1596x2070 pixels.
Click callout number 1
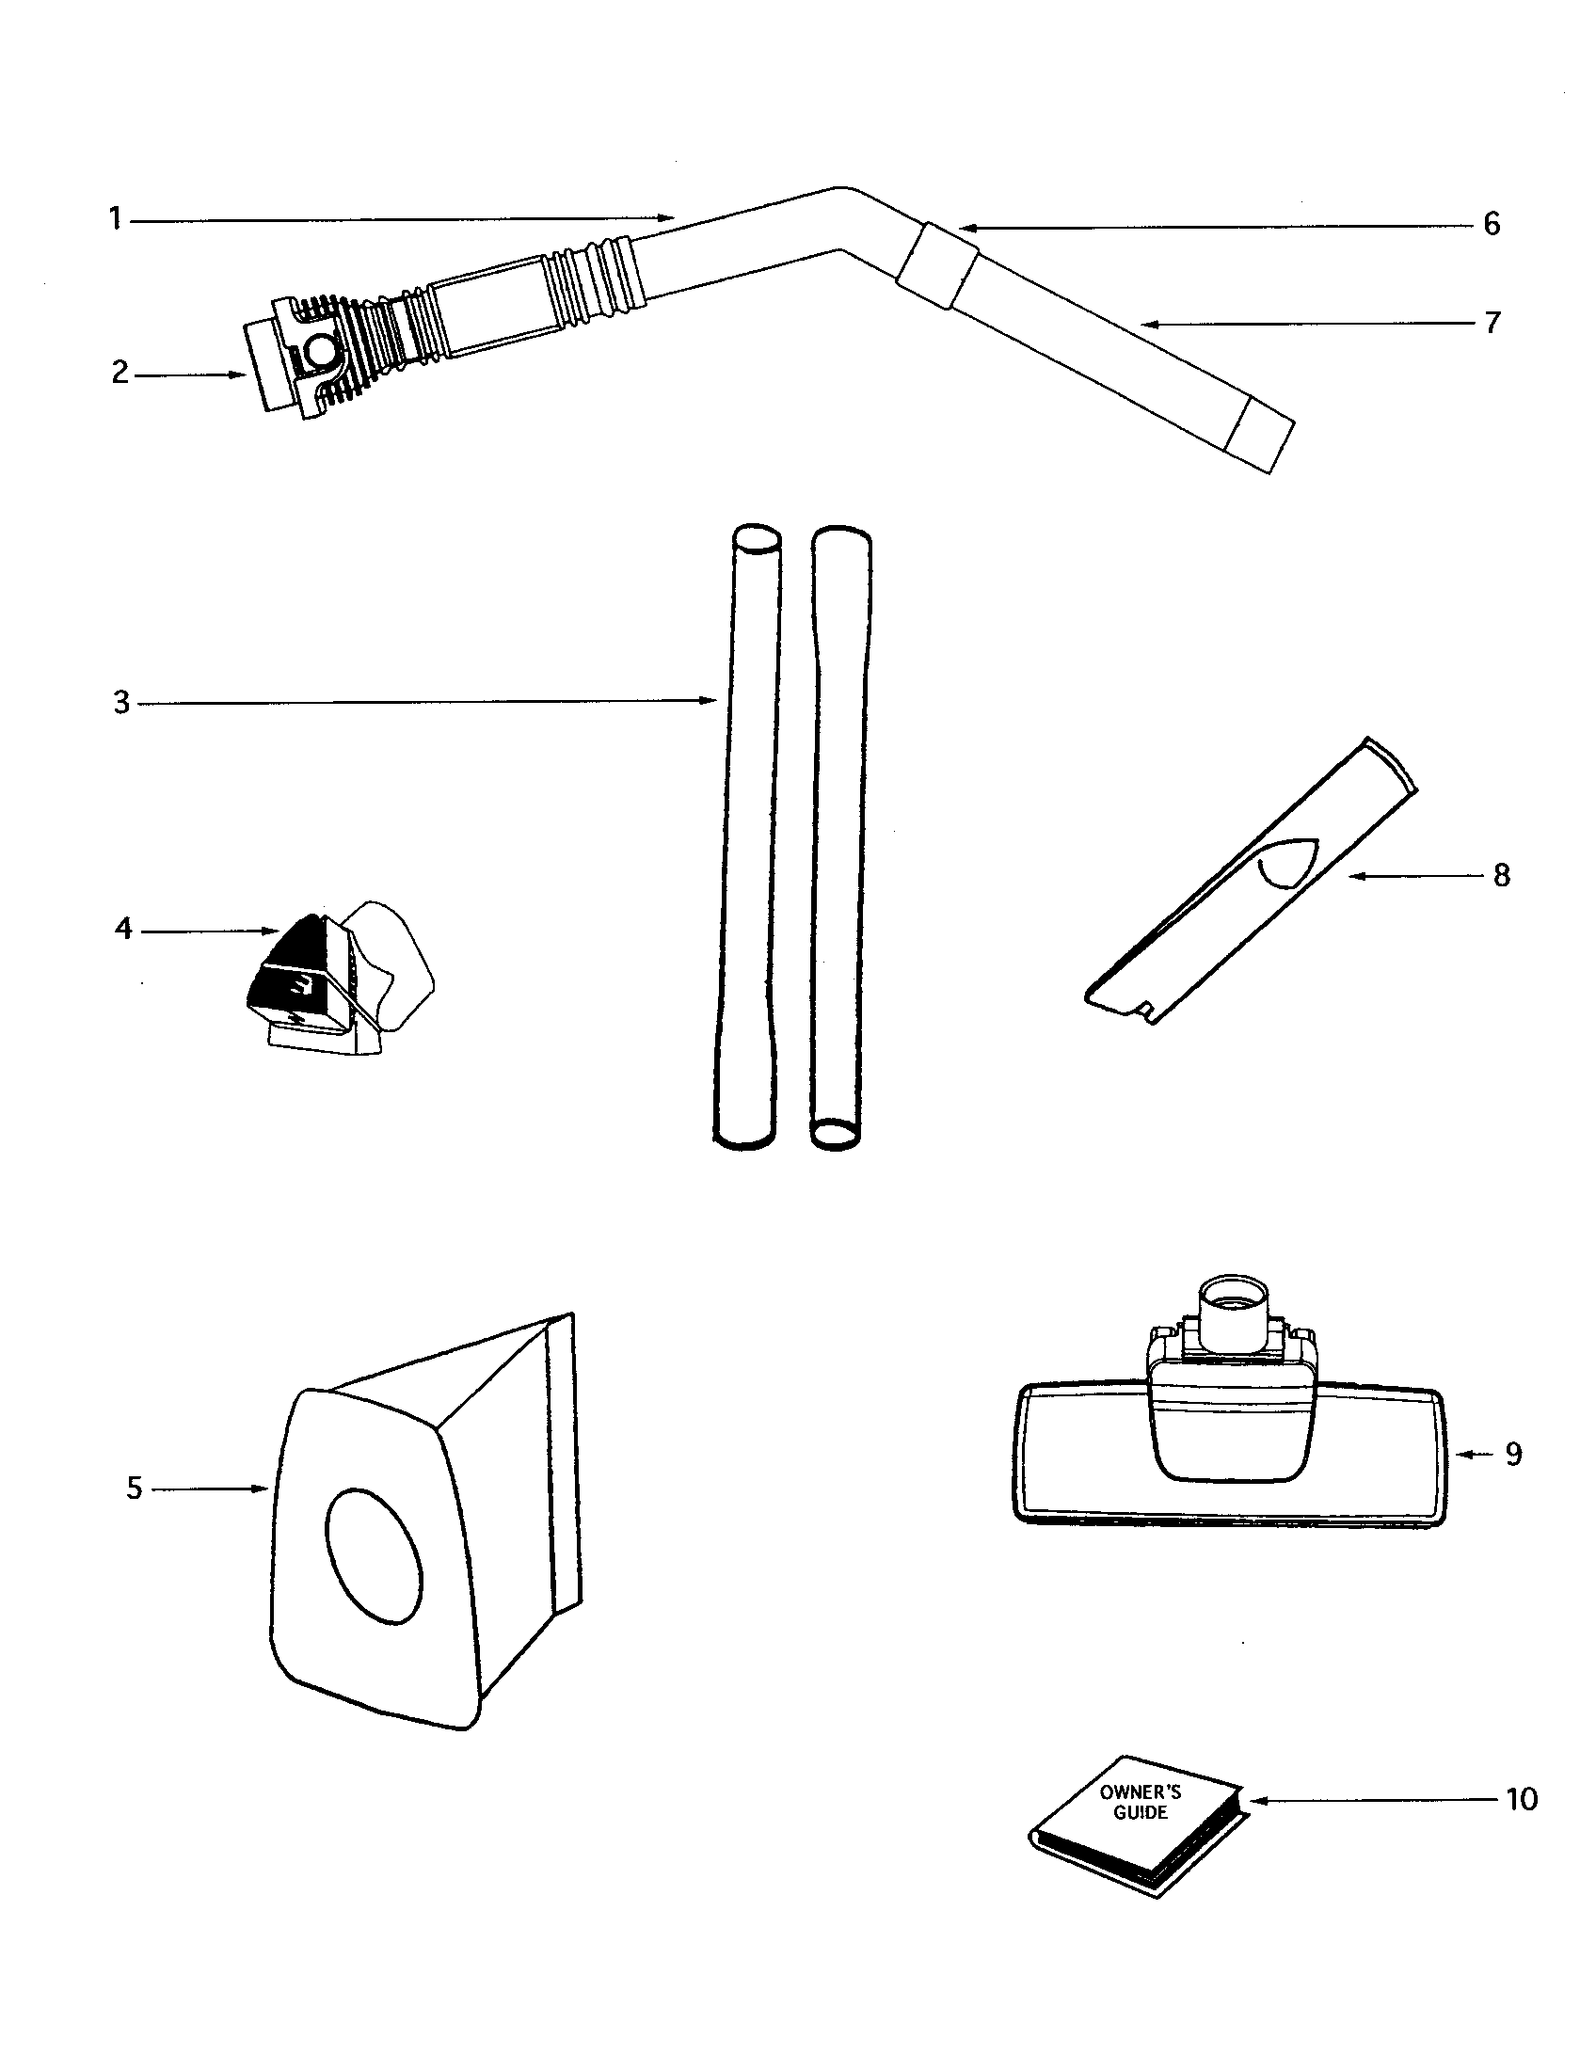click(x=115, y=220)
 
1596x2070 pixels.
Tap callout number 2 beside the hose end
click(x=120, y=373)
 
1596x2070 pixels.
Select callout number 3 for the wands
click(x=121, y=703)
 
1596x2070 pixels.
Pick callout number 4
click(x=123, y=929)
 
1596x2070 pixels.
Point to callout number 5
click(x=135, y=1489)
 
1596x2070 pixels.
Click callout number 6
click(x=1492, y=225)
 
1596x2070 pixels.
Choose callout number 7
click(x=1492, y=323)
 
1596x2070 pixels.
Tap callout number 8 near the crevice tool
click(x=1501, y=875)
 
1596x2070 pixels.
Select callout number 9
click(x=1513, y=1454)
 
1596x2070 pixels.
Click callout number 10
click(x=1521, y=1798)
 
